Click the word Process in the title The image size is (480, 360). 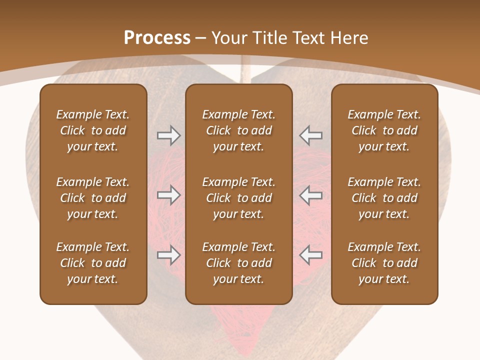[157, 38]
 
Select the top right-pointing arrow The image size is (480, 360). [168, 135]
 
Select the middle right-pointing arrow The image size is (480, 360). [168, 195]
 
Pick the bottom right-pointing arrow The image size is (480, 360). [168, 255]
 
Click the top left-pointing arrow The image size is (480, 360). [310, 135]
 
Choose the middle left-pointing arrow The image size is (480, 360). [310, 195]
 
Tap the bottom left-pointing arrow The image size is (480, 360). [310, 255]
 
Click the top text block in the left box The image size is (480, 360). [93, 130]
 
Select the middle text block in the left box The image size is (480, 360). [93, 198]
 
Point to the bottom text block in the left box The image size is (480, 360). [93, 263]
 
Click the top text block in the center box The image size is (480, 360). [238, 130]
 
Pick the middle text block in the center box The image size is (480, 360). [238, 198]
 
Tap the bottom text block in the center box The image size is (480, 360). [238, 263]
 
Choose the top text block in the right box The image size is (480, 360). [384, 130]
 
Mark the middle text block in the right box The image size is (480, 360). [384, 198]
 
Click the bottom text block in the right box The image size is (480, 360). [384, 263]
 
